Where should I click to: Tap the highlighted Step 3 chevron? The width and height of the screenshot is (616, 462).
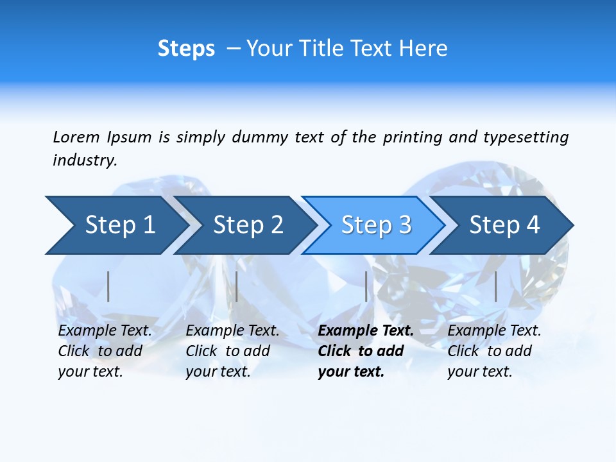(376, 225)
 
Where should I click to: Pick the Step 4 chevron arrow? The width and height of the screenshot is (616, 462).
(504, 225)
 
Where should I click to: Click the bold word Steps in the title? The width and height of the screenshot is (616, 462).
(186, 49)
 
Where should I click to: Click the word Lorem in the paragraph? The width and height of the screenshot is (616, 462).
(76, 137)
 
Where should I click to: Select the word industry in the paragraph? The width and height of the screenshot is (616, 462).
(85, 160)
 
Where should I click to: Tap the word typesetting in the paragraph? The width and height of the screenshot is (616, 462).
(526, 137)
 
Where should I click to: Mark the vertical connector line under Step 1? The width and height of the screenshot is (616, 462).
(108, 286)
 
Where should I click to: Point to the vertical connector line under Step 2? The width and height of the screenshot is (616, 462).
(237, 286)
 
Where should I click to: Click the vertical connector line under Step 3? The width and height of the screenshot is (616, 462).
(366, 286)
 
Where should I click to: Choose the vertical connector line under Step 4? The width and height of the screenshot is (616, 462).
(495, 286)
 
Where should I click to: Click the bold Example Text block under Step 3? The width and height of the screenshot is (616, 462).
(366, 351)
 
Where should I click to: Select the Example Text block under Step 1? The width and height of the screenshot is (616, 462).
(105, 351)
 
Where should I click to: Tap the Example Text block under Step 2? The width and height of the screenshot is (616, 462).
(232, 351)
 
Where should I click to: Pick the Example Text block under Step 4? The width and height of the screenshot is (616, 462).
(494, 351)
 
